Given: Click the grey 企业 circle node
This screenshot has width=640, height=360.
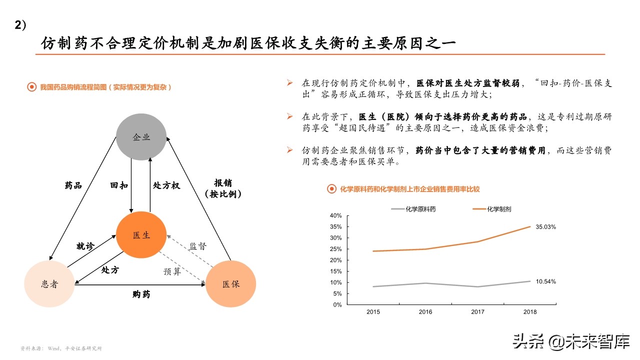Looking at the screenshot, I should click(x=141, y=136).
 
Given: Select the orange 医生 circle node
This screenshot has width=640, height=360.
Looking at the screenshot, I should click(x=141, y=235).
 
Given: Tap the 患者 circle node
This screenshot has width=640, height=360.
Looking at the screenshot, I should click(x=49, y=284).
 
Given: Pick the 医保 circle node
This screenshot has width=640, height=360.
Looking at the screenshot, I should click(x=231, y=284).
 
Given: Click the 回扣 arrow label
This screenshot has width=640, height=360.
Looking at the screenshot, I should click(x=119, y=185).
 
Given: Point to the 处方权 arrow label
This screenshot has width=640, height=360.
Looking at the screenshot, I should click(x=166, y=185).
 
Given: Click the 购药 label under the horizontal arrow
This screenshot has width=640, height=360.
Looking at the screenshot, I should click(x=141, y=294).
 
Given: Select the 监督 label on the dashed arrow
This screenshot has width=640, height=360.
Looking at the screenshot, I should click(x=197, y=246).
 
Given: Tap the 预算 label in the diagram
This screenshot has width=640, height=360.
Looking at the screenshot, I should click(x=172, y=271).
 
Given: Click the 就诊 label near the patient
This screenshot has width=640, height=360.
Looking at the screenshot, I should click(x=85, y=246).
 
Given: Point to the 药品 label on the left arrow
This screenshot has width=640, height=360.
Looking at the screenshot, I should click(x=73, y=185).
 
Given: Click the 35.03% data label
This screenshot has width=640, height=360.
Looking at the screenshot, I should click(x=545, y=227).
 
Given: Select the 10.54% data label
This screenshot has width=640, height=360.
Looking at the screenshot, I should click(x=545, y=281).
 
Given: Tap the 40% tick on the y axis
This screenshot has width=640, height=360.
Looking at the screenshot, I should click(x=335, y=215).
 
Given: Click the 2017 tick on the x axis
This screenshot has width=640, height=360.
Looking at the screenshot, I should click(x=477, y=312).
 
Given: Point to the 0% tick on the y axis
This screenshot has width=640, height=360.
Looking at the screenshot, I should click(x=337, y=304).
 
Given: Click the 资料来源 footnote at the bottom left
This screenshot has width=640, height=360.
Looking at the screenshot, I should click(x=61, y=348).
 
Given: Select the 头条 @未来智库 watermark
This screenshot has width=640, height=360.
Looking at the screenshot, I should click(x=570, y=342).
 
